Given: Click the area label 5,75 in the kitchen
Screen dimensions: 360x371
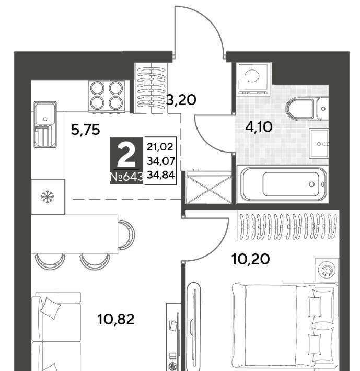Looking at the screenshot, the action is click(85, 130).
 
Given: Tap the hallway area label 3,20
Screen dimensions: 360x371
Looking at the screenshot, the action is click(181, 100).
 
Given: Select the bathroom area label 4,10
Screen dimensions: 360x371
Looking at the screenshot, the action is click(259, 127).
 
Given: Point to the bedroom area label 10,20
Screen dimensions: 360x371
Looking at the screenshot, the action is click(250, 259).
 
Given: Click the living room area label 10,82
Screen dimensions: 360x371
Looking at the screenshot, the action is click(115, 319).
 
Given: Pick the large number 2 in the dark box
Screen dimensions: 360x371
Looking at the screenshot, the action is click(126, 155).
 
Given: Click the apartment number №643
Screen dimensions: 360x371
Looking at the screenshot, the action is click(126, 177).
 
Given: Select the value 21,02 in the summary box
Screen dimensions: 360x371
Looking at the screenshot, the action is click(160, 147).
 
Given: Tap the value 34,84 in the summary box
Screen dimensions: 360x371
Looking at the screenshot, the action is click(160, 175).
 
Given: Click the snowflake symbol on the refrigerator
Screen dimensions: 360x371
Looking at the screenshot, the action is click(48, 196).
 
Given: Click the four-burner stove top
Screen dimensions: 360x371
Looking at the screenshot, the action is click(107, 96).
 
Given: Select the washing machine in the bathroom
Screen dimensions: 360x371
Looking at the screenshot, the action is click(253, 79).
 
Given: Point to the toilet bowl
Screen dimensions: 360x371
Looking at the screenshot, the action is click(300, 109).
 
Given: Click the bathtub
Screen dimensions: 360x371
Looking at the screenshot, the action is click(282, 184).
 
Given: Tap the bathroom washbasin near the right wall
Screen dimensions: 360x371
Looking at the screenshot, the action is click(319, 143).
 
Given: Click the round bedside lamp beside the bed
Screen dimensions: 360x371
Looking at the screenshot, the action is click(327, 270).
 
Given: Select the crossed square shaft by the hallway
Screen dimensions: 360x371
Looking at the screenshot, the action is click(209, 187).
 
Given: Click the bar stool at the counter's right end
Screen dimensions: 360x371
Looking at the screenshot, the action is click(127, 235).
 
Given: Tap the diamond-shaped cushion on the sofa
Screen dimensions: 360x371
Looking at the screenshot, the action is click(50, 308).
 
